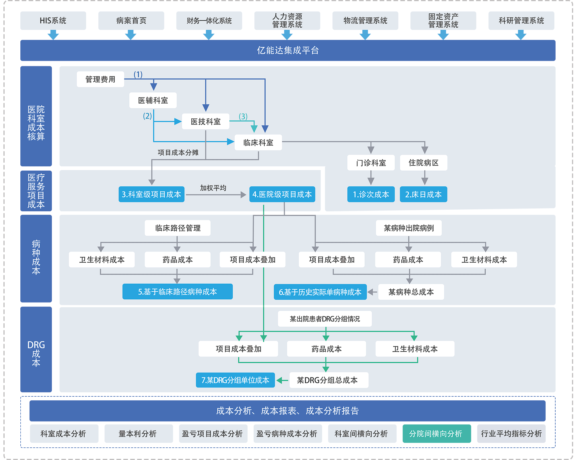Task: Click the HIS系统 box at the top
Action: [x=53, y=21]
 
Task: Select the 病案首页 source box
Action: [x=131, y=21]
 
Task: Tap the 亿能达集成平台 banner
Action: [x=288, y=50]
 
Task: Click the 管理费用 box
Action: [x=100, y=79]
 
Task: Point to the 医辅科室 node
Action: [x=153, y=100]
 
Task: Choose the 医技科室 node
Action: [x=206, y=122]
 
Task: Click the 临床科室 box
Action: [x=258, y=143]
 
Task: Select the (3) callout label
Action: [x=243, y=116]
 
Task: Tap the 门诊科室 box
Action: [x=371, y=163]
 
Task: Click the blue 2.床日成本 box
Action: [x=423, y=194]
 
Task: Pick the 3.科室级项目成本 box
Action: [x=151, y=194]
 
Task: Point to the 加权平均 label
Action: [x=213, y=188]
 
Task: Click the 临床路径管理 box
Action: [x=178, y=228]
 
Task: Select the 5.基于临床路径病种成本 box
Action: [x=178, y=292]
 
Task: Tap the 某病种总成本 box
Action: [x=411, y=292]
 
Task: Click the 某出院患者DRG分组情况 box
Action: [x=325, y=319]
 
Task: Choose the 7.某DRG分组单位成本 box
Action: [x=235, y=380]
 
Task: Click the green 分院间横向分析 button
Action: [x=437, y=434]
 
